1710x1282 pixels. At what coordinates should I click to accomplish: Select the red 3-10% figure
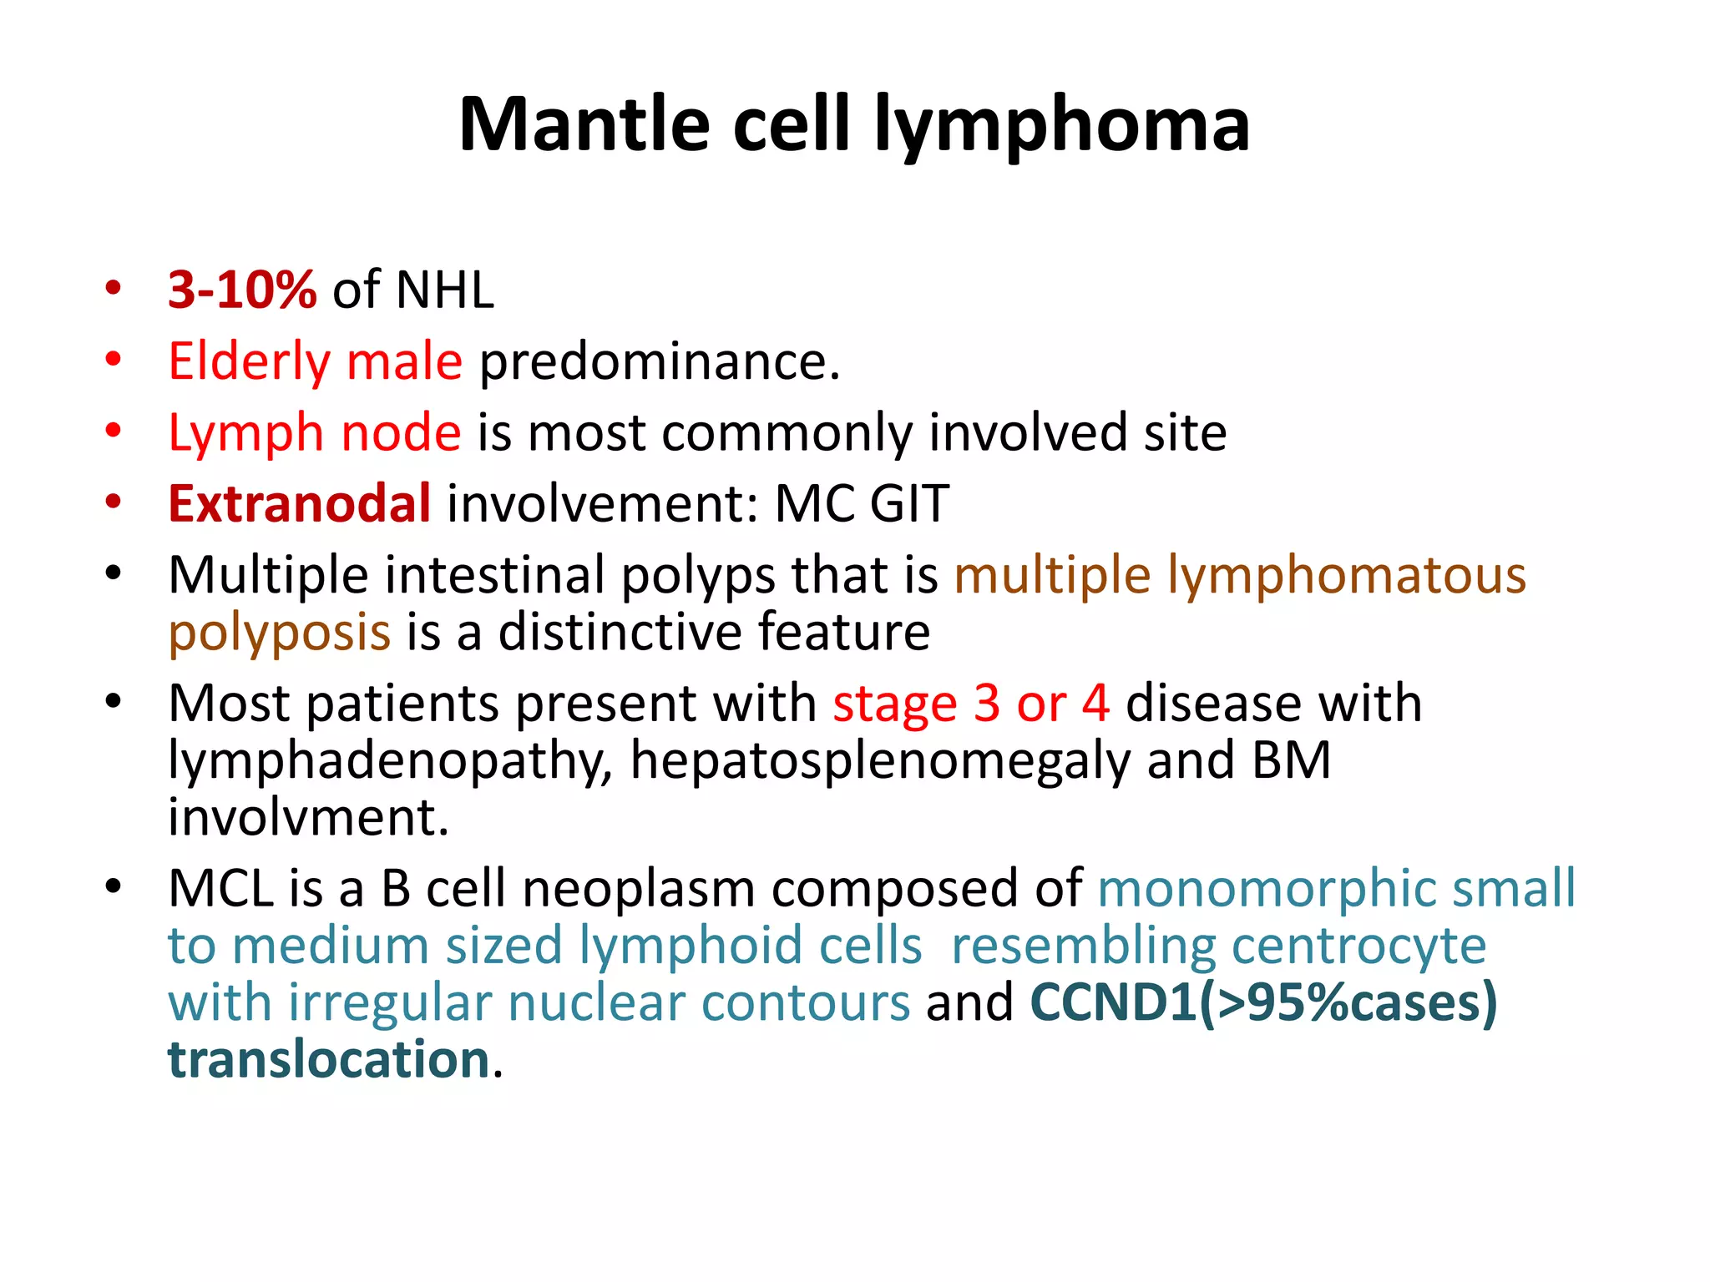click(242, 290)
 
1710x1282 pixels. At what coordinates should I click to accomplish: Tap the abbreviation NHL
click(444, 290)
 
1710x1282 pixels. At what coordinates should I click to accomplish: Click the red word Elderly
click(250, 362)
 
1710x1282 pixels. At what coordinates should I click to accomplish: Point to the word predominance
click(659, 362)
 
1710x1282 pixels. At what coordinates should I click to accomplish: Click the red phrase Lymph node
click(314, 433)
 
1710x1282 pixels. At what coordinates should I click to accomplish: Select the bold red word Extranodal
click(300, 504)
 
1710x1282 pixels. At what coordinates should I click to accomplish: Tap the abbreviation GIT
click(908, 504)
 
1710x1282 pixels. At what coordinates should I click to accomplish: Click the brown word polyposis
click(279, 633)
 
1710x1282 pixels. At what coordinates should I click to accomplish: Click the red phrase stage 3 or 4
click(971, 704)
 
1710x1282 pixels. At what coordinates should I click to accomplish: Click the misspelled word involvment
click(308, 817)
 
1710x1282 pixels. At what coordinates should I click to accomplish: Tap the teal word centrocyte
click(1358, 946)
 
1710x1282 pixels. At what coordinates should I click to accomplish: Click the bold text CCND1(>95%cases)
click(1263, 1002)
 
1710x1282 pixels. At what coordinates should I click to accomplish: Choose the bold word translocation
click(329, 1059)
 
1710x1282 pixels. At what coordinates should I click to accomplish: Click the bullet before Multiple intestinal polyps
click(114, 573)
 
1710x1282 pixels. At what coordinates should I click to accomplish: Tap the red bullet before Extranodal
click(114, 502)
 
